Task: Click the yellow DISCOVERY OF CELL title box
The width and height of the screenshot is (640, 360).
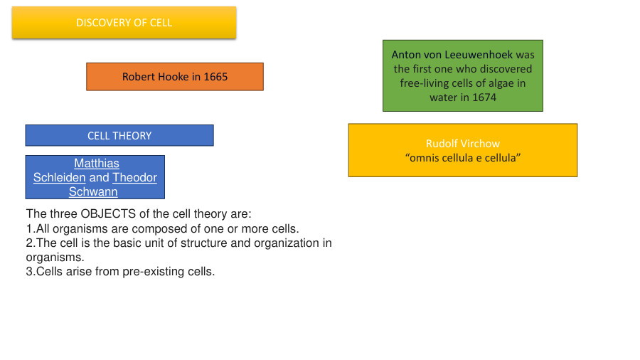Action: click(x=124, y=23)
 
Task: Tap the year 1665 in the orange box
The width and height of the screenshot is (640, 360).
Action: click(x=215, y=77)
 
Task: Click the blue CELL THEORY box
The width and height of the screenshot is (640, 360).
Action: click(x=119, y=135)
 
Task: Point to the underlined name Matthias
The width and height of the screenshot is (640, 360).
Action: click(x=97, y=164)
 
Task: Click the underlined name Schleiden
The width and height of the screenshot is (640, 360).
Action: click(x=59, y=178)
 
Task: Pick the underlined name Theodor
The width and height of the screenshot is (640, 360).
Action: click(x=134, y=178)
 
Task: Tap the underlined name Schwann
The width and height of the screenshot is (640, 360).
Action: click(x=93, y=192)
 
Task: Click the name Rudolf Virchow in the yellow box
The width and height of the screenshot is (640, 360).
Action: click(x=462, y=144)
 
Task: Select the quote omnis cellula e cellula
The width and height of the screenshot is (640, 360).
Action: click(x=462, y=158)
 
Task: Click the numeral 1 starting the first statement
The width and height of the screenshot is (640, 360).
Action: click(x=28, y=229)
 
